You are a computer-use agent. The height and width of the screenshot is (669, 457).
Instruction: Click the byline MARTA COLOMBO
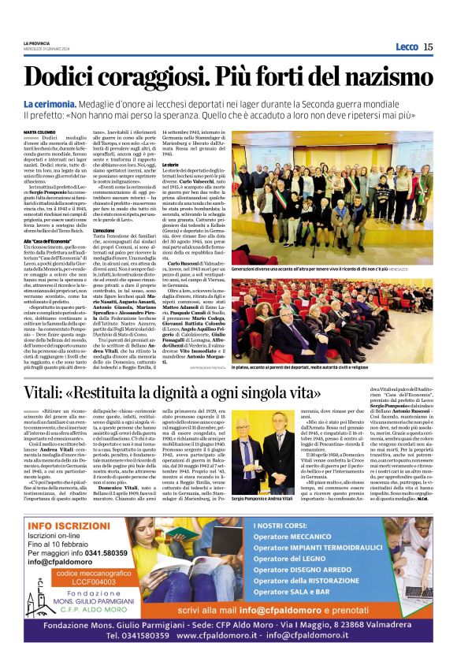click(39, 132)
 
